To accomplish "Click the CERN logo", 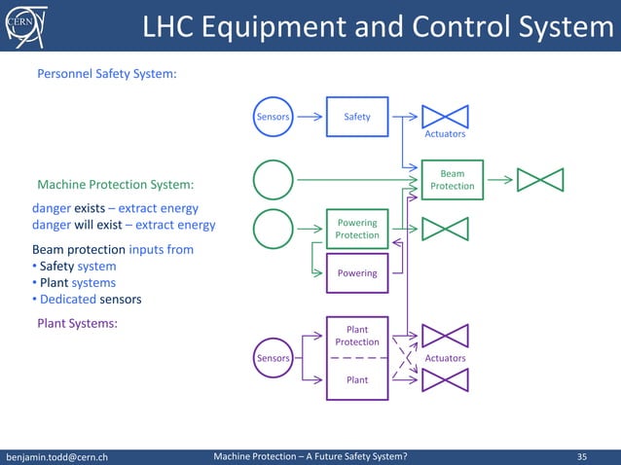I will [x=20, y=24].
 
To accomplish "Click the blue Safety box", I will [x=357, y=117].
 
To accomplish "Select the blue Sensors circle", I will [x=273, y=117].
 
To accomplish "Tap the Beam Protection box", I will [x=452, y=180].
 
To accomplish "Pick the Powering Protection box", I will [x=357, y=229].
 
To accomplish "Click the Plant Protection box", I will [x=357, y=336].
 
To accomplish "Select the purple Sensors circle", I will [x=273, y=358].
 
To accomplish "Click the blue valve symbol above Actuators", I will [x=445, y=116].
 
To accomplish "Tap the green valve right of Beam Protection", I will [x=540, y=180].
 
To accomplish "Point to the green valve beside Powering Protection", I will [x=445, y=229].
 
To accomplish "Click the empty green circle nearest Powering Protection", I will [x=273, y=230].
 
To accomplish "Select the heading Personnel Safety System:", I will [x=106, y=73].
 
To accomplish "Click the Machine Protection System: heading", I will [x=115, y=184].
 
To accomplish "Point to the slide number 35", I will [x=582, y=455].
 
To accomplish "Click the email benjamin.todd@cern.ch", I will [x=57, y=455].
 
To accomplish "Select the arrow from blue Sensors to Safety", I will [x=310, y=117].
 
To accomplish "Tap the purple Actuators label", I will [x=445, y=358].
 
